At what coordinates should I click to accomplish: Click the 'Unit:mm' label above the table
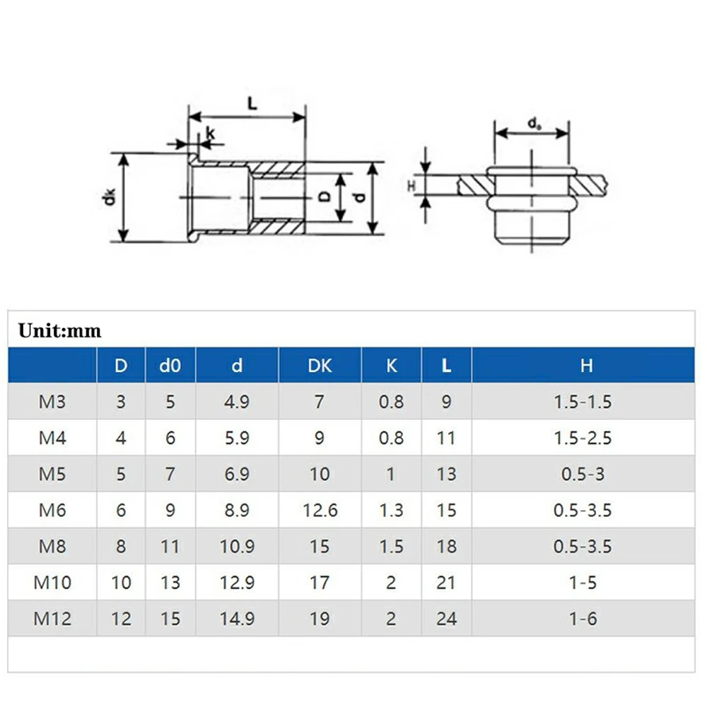coord(60,330)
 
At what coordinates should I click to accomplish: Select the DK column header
coord(320,366)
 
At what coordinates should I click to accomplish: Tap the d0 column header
coord(170,366)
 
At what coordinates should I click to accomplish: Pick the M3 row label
coord(52,402)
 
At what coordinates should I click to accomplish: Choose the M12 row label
coord(52,619)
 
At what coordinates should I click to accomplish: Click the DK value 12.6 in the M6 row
coord(320,510)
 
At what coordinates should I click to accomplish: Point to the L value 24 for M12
coord(446,619)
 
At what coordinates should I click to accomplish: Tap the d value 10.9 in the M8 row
coord(237,547)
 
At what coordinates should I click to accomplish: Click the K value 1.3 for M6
coord(391,510)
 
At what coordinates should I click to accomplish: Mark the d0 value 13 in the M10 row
coord(170,583)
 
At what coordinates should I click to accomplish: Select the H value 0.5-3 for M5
coord(583,474)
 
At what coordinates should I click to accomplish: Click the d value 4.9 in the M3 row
coord(237,402)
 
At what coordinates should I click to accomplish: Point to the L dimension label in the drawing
coord(252,103)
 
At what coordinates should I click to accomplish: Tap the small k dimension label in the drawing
coord(210,132)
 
